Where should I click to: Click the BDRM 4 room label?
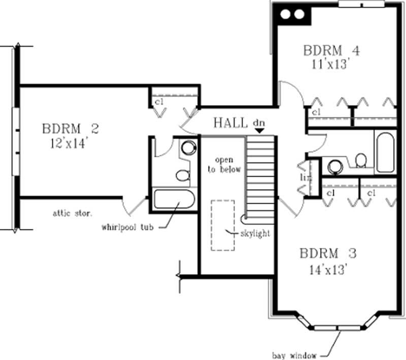(331, 51)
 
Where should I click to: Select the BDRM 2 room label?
(70, 128)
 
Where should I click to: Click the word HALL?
(231, 122)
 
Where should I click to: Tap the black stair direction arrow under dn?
(259, 131)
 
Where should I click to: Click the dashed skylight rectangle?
(223, 225)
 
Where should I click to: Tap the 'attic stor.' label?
(72, 213)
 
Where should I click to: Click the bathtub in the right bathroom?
(385, 152)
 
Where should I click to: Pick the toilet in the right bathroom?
(361, 160)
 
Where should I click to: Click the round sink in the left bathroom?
(188, 148)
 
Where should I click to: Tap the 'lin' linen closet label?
(306, 178)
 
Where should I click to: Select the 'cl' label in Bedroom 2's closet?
(159, 102)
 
